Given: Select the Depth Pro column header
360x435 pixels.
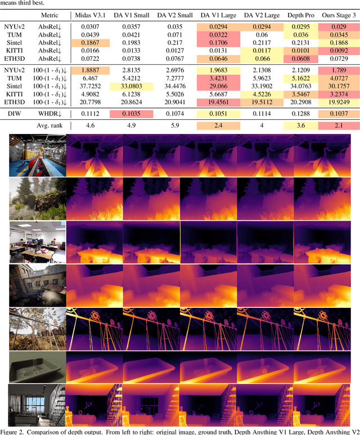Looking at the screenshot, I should [x=303, y=15].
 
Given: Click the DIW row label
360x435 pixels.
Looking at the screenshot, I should [x=16, y=114].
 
